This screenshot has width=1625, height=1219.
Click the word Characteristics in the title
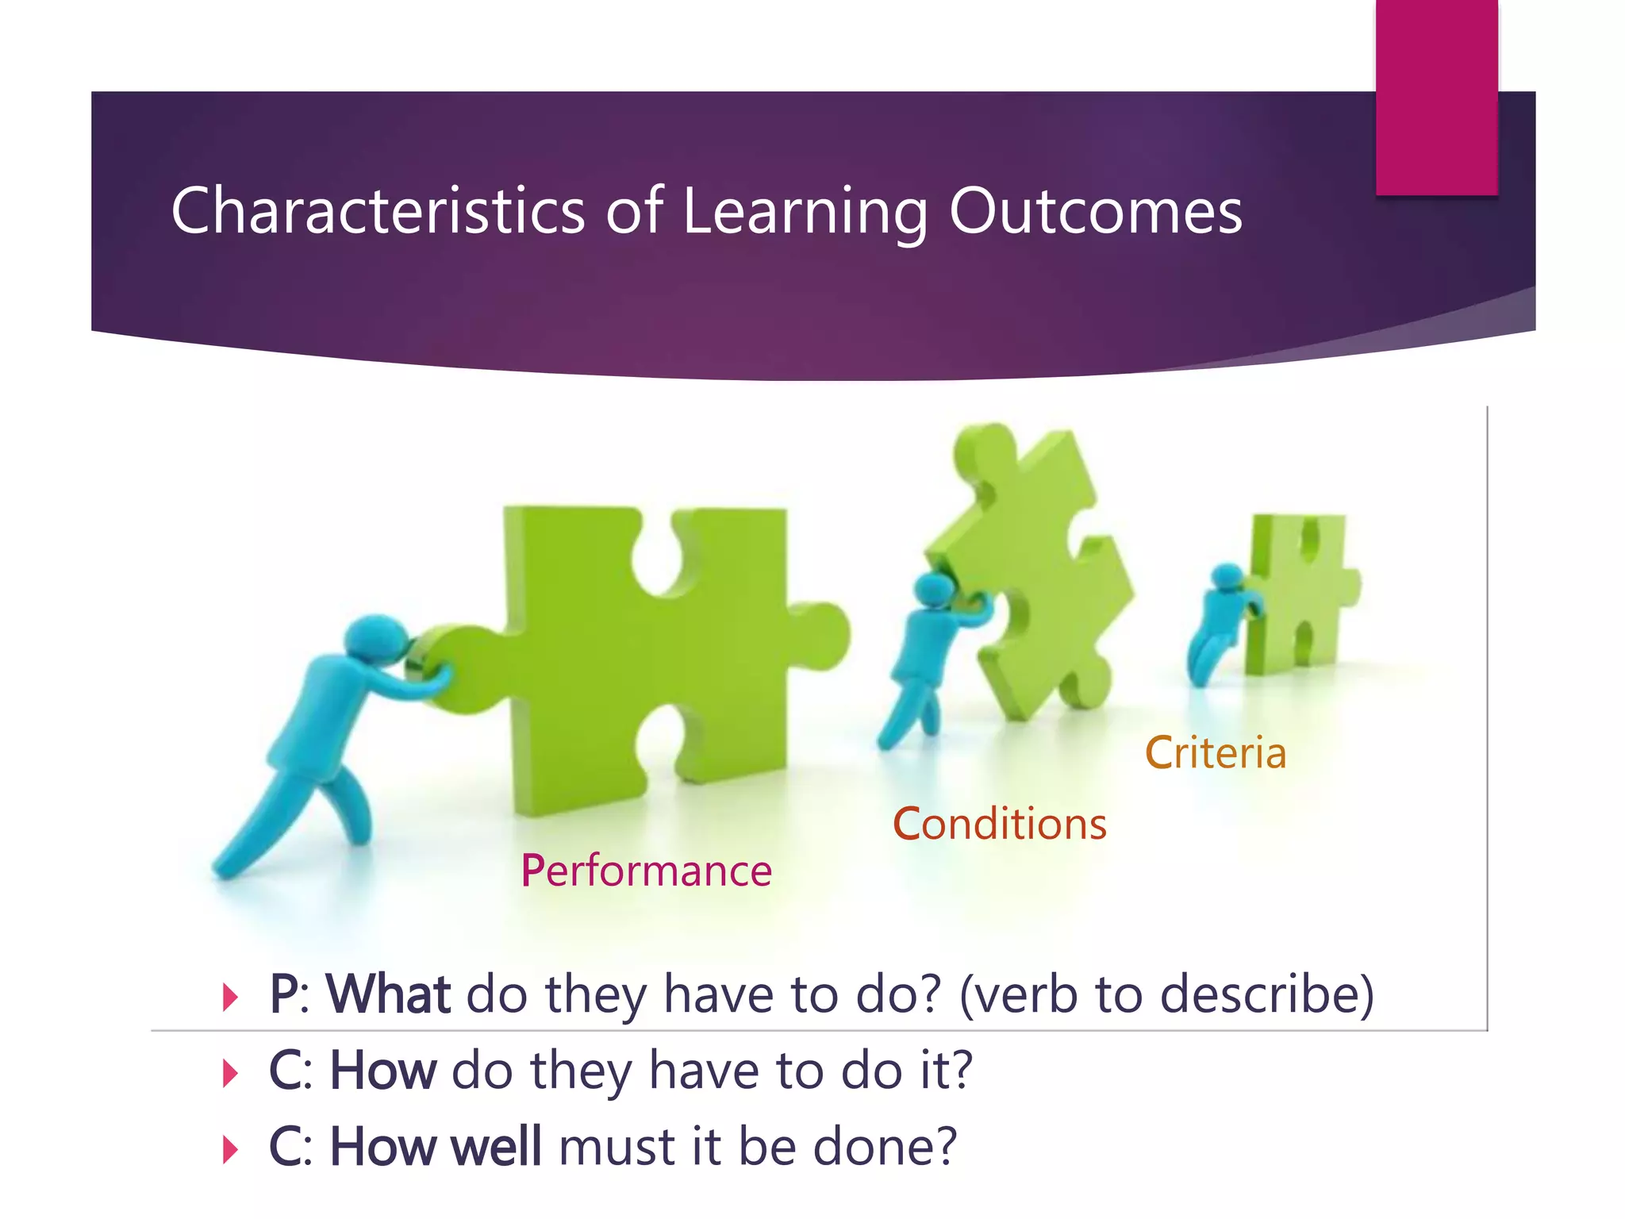(378, 211)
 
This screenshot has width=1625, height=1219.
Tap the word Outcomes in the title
(1095, 211)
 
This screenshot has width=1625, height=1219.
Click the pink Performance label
(646, 871)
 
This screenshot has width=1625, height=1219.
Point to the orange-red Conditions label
(999, 824)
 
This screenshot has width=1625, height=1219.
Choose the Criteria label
(1215, 752)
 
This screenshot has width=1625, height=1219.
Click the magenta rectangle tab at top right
(1436, 95)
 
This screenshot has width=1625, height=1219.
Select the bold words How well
(436, 1147)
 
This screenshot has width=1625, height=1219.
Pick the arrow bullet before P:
(230, 997)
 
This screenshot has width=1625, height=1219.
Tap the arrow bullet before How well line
(230, 1149)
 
